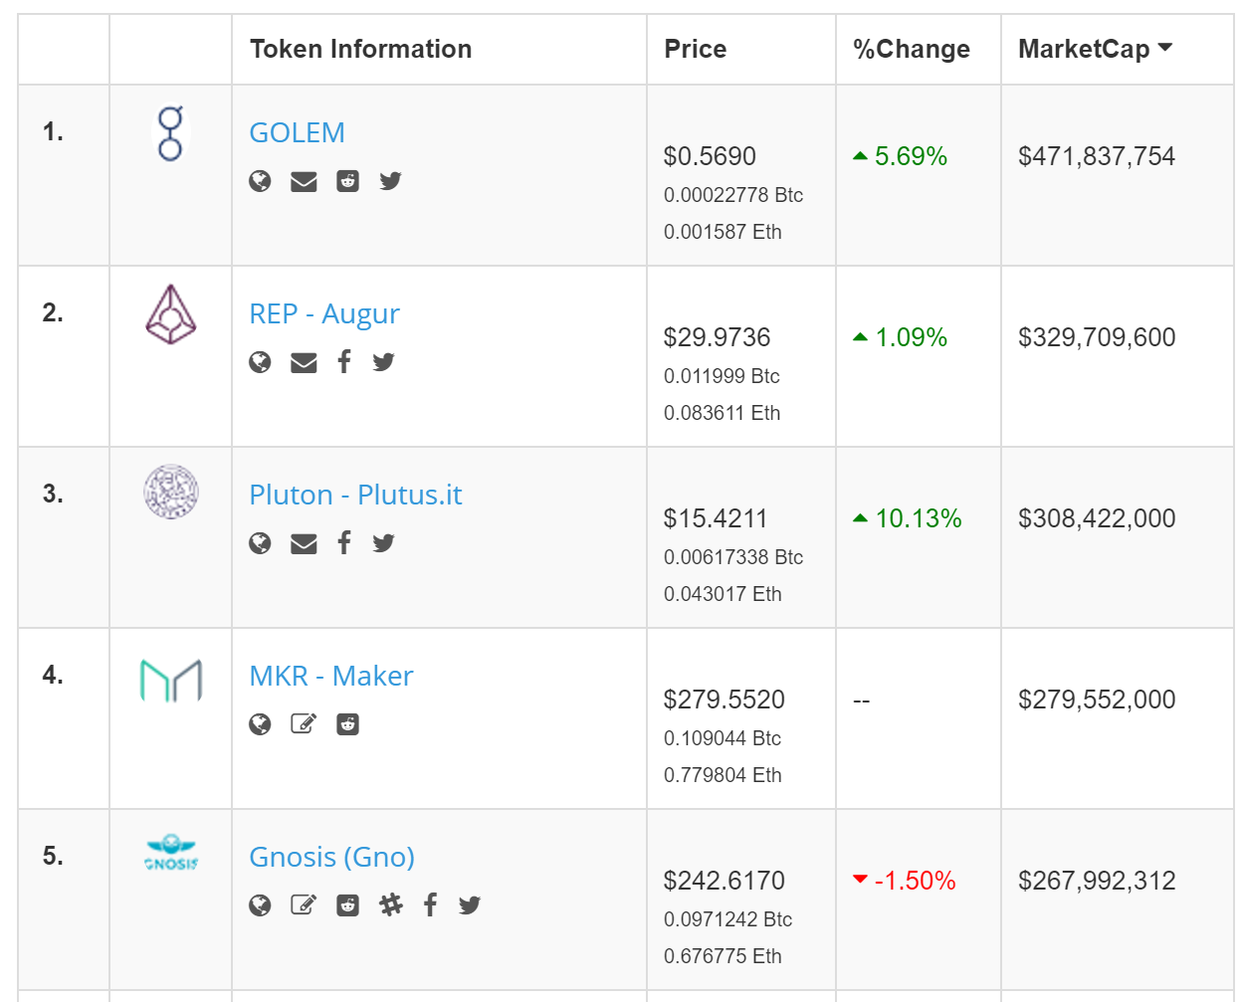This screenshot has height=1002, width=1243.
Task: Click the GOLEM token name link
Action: click(297, 132)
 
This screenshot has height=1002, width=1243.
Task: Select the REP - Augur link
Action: click(323, 313)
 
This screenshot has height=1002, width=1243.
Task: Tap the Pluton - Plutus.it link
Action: click(355, 495)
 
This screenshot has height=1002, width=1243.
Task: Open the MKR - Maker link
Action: click(330, 676)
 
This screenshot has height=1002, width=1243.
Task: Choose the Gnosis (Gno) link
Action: click(331, 857)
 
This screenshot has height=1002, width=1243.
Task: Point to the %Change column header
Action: click(911, 49)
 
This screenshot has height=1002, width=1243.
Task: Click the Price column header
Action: click(695, 49)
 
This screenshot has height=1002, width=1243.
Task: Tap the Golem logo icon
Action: click(170, 133)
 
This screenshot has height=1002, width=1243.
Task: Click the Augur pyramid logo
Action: click(170, 314)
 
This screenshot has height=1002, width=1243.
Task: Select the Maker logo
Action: click(170, 681)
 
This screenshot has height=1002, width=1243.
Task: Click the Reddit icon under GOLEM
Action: click(347, 181)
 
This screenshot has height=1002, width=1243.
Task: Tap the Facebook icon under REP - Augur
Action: click(343, 361)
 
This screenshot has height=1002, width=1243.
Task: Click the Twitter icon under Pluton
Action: click(383, 542)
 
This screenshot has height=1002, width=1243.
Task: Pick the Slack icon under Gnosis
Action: click(391, 904)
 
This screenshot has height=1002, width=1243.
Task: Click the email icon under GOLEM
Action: click(304, 181)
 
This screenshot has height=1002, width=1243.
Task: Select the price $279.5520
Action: click(724, 700)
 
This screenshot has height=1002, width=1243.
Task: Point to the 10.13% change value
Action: click(918, 518)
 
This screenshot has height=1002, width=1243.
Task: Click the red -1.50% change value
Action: click(915, 881)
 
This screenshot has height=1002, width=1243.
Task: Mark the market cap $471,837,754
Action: click(1096, 156)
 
